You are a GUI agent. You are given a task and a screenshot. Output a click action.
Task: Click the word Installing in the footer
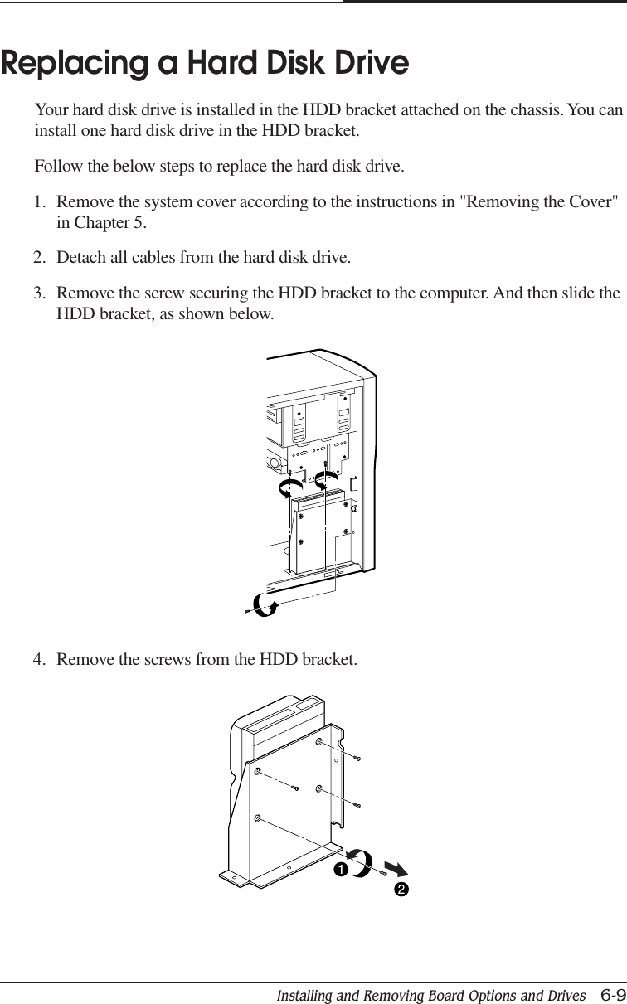point(309,995)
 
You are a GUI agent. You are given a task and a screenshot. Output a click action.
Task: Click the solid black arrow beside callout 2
point(397,869)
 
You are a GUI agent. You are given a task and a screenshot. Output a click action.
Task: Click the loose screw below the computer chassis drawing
point(247,612)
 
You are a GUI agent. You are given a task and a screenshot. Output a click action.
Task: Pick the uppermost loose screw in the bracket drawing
point(357,758)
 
